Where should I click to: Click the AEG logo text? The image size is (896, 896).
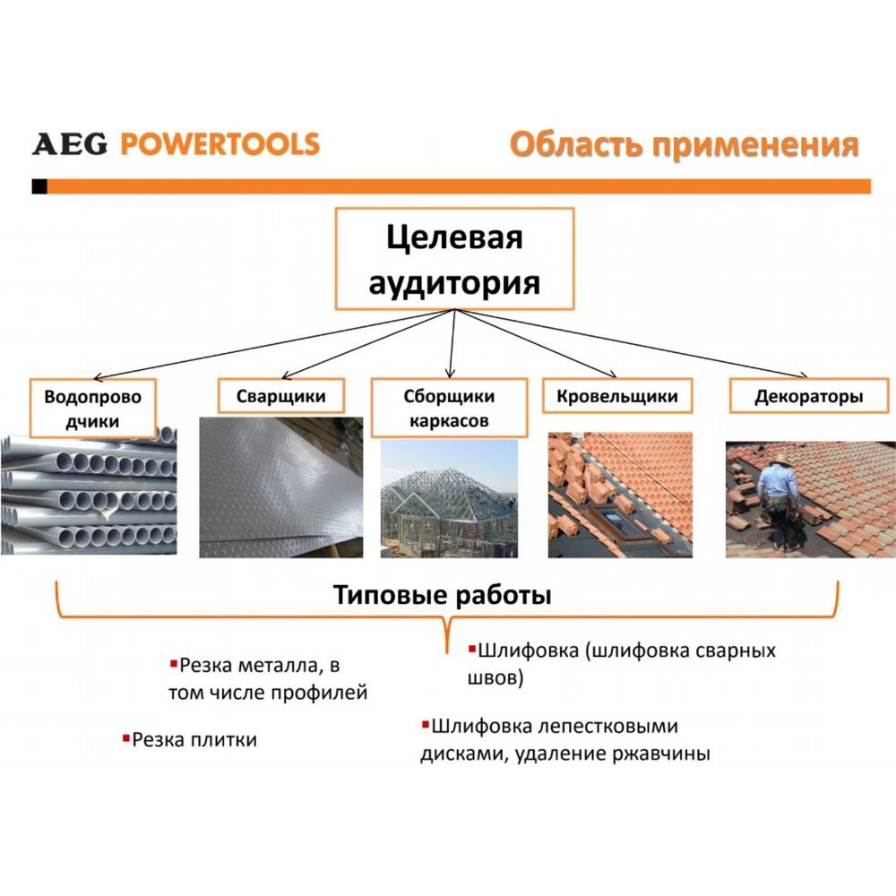[x=70, y=144]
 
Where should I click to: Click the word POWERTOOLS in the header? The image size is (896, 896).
[x=220, y=144]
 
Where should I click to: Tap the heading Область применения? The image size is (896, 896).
[x=684, y=145]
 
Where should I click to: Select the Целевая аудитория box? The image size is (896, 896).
[x=454, y=259]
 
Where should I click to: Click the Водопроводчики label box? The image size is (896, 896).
[x=92, y=409]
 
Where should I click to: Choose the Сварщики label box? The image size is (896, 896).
[x=281, y=395]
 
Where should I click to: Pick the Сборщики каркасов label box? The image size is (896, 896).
[x=449, y=408]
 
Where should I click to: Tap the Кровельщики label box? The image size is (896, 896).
[x=617, y=395]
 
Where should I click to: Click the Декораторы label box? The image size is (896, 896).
[x=809, y=396]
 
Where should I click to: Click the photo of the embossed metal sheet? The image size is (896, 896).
[x=281, y=487]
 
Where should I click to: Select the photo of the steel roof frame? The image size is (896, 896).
[x=449, y=498]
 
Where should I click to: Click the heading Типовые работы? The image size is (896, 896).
[x=443, y=595]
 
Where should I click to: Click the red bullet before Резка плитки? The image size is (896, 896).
[x=126, y=738]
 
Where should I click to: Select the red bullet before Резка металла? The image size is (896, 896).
[x=174, y=663]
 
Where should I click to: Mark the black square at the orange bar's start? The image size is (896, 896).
[x=39, y=186]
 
